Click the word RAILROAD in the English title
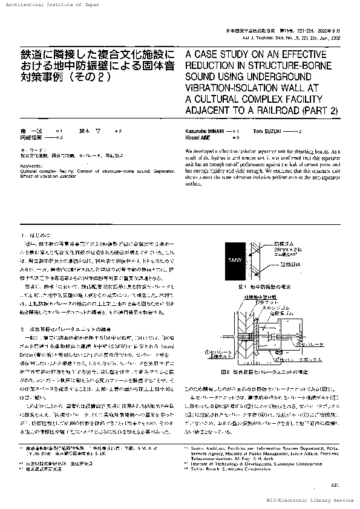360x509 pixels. pyautogui.click(x=302, y=110)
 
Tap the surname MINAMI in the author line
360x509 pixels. pyautogui.click(x=214, y=131)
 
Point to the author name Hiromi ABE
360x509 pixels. pyautogui.click(x=200, y=137)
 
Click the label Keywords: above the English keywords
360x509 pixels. pyautogui.click(x=31, y=165)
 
